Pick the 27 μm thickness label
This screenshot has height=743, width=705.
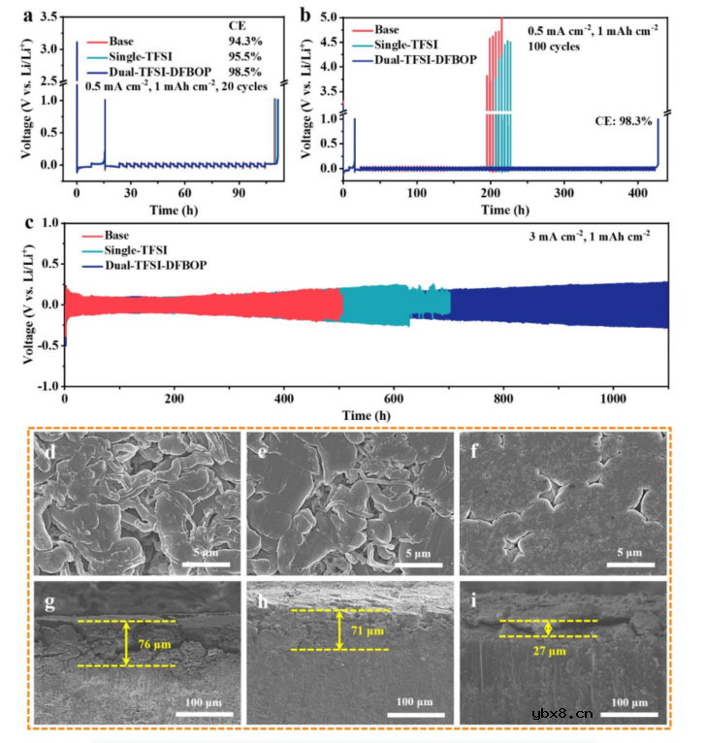550,652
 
